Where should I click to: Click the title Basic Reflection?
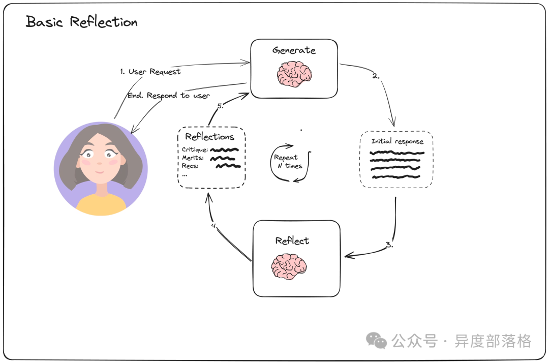click(81, 22)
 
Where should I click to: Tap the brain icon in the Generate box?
click(294, 74)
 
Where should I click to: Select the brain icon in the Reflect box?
click(289, 266)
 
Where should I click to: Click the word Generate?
click(294, 50)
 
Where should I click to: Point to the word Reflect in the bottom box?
click(292, 240)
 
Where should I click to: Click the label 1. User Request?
click(150, 72)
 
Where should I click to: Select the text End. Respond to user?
click(168, 95)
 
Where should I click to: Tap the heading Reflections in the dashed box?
click(209, 137)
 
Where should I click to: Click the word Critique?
click(195, 150)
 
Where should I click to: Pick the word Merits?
click(193, 158)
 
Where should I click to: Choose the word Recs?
click(190, 166)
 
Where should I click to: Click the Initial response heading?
click(397, 141)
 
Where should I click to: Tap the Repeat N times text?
click(287, 162)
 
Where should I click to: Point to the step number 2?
click(376, 76)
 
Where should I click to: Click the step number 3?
click(389, 245)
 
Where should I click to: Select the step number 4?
click(214, 226)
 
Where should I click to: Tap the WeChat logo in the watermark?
click(377, 340)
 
